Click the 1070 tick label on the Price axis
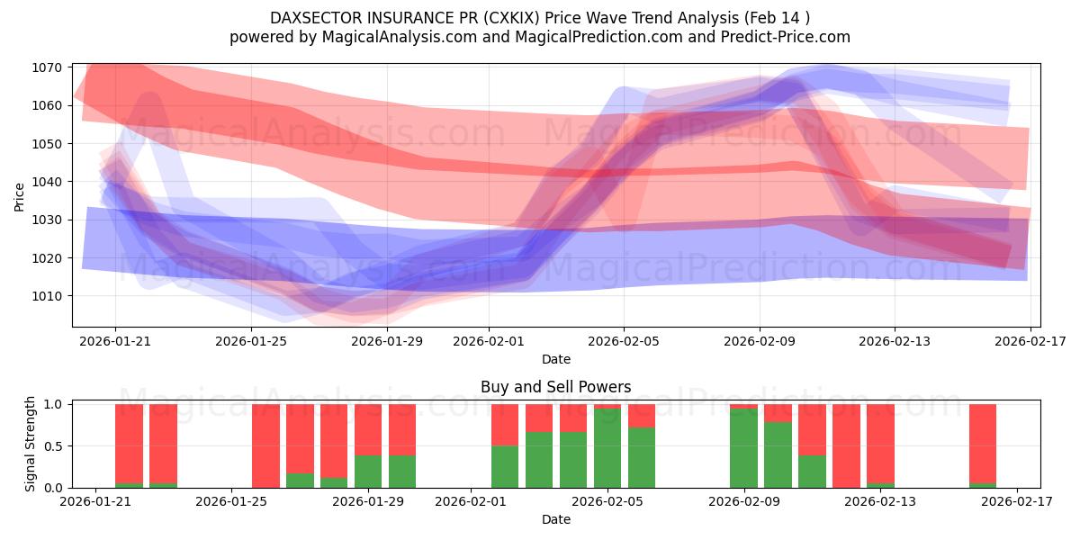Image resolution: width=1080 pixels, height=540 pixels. coord(47,67)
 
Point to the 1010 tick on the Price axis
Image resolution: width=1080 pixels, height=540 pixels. coord(47,296)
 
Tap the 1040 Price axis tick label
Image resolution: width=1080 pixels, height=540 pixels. coord(47,182)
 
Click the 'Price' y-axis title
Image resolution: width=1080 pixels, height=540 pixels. coord(19,196)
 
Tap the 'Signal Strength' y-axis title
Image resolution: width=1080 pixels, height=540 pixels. coord(30,444)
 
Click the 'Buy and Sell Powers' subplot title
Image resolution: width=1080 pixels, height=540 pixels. coord(555,387)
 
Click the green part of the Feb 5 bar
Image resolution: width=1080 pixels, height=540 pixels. coord(607,448)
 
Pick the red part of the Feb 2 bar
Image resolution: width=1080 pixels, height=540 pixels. coord(505,425)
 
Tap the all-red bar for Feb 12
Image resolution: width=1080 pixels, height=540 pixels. coord(846,445)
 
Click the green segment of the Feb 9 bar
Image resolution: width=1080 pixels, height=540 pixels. coord(743,448)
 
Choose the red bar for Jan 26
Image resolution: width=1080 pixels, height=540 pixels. coord(265,445)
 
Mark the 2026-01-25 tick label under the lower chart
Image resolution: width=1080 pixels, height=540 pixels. coord(232,502)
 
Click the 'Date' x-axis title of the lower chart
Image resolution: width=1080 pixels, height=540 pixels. coord(555,519)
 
